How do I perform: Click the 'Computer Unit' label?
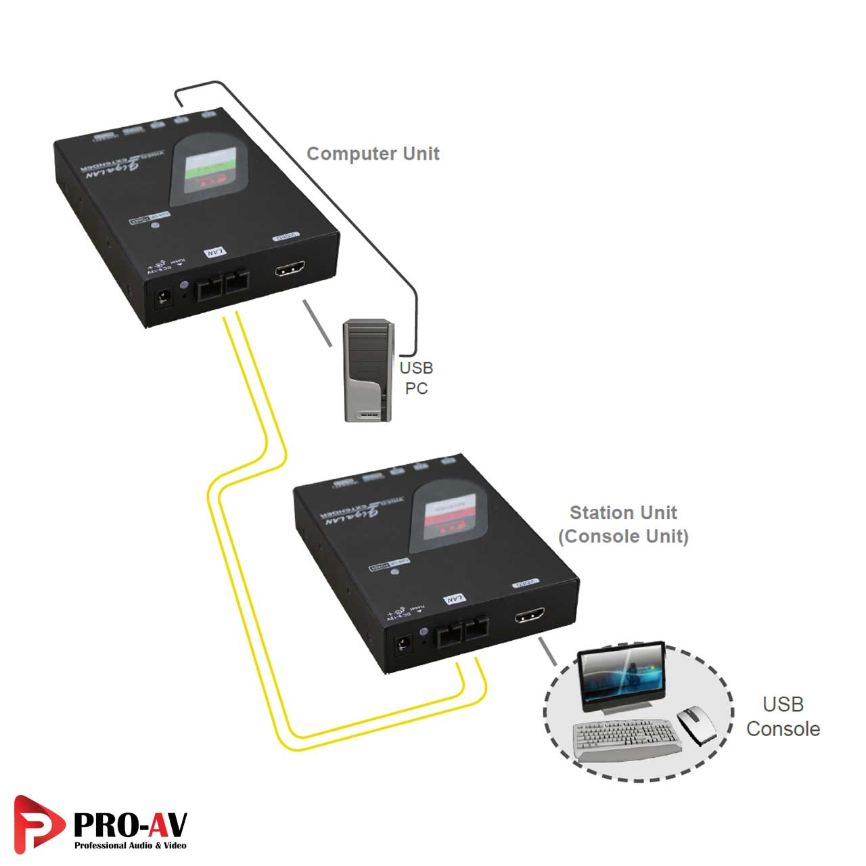coord(373,154)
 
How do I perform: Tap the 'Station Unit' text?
coord(623,512)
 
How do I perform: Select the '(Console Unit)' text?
coord(623,537)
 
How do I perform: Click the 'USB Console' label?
coord(783,716)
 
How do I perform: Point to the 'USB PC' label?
coord(416,378)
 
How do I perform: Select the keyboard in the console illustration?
coord(626,739)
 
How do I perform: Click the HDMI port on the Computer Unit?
coord(290,270)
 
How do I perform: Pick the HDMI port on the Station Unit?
coord(530,616)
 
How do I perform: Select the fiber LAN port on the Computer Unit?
coord(222,286)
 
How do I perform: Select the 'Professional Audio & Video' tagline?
coord(130,846)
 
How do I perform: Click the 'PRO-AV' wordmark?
coord(130,824)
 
